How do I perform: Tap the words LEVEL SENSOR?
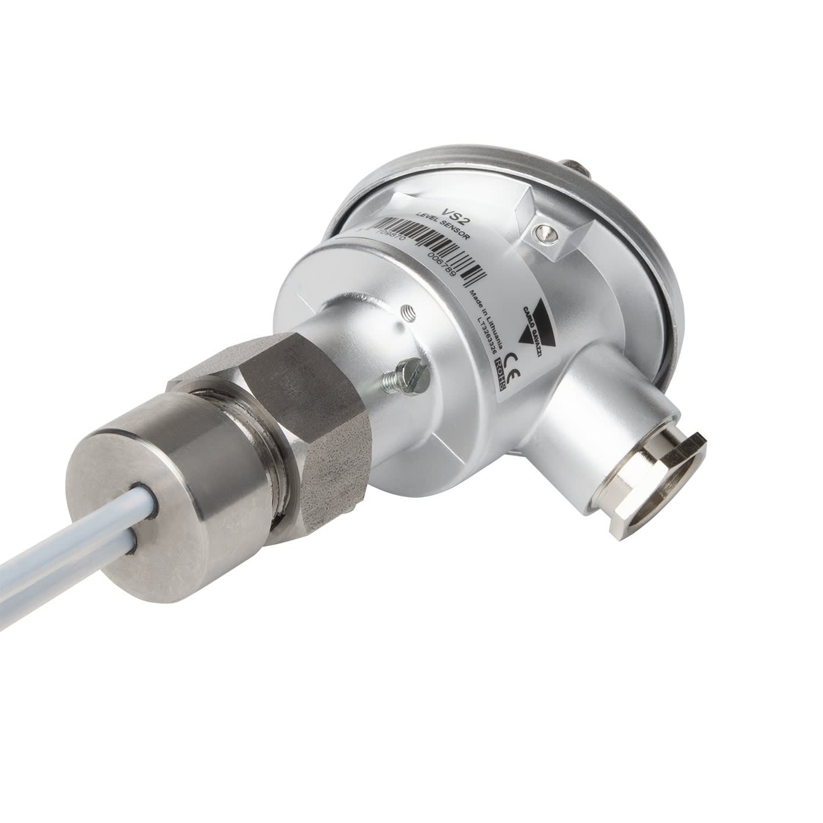tap(443, 227)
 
